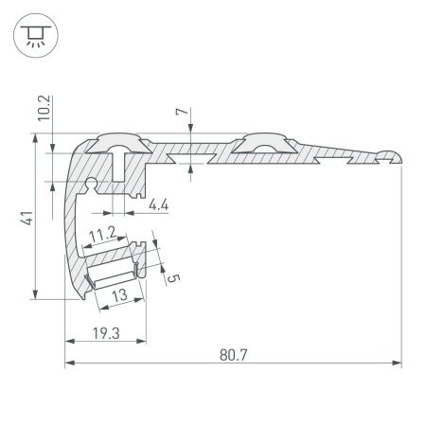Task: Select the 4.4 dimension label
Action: (160, 202)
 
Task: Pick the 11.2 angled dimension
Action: (101, 233)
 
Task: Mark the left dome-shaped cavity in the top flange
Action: (119, 144)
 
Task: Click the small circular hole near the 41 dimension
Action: (93, 179)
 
